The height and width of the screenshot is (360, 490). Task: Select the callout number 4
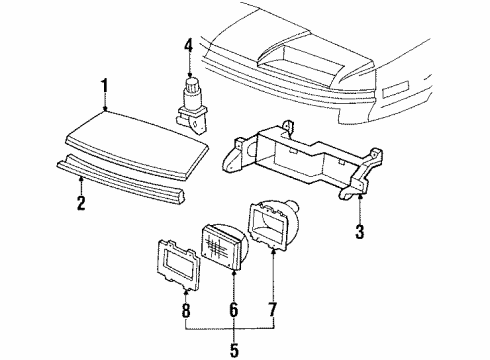coord(188,43)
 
